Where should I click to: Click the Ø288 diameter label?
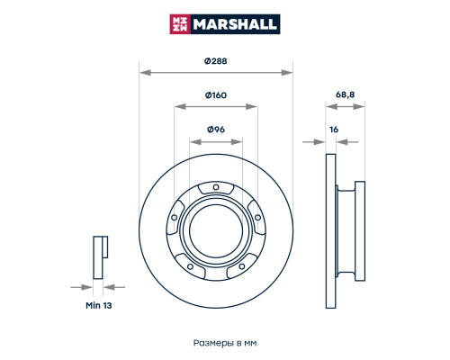(216, 61)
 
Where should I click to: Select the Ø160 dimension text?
(216, 95)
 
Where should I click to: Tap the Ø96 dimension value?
(216, 130)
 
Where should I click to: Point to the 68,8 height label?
(345, 94)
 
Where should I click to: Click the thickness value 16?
(334, 130)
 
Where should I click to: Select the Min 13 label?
(99, 306)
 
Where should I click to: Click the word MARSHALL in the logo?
(235, 24)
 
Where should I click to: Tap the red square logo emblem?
(180, 24)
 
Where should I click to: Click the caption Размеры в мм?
(225, 343)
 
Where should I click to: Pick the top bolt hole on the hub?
(216, 187)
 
